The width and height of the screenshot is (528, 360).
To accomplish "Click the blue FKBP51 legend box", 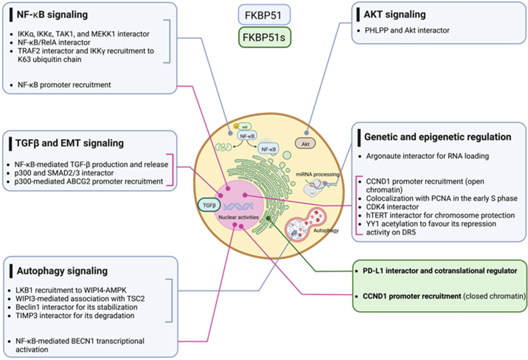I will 264,15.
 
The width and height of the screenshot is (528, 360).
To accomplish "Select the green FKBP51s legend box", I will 264,37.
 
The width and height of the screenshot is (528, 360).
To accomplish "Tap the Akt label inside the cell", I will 305,144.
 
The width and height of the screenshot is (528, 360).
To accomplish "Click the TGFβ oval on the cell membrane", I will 209,205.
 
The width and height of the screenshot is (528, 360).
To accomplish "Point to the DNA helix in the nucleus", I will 238,206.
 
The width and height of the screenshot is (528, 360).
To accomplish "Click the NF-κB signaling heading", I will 52,14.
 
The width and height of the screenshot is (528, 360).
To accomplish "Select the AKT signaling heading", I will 395,14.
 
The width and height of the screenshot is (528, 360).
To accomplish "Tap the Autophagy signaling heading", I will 62,271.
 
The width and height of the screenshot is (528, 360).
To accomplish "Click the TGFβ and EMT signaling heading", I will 69,143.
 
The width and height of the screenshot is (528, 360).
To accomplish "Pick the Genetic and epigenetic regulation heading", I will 437,137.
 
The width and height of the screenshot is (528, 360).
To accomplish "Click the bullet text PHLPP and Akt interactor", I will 407,30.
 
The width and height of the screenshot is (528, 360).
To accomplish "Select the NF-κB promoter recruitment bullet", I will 64,85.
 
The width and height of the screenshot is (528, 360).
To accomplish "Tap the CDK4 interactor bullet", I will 392,207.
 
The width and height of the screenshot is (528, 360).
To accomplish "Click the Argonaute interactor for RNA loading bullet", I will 427,156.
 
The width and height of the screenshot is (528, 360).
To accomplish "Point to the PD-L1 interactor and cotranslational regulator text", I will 440,271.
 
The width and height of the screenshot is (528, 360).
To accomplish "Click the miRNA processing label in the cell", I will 317,174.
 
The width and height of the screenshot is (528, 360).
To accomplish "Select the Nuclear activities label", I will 238,217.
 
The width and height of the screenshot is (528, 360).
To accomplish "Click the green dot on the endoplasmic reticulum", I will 268,218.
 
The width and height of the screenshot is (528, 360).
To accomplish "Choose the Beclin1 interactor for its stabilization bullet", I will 76,307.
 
